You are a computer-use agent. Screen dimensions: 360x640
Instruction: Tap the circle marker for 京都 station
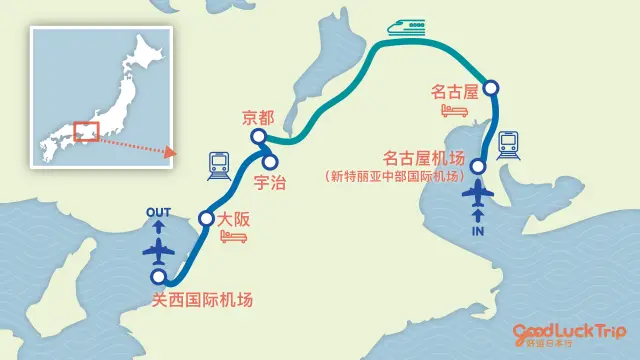point(258,138)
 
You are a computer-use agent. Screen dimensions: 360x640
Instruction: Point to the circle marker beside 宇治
point(269,160)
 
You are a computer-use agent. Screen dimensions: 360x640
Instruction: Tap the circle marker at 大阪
point(207,219)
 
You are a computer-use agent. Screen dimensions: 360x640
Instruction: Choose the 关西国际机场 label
point(203,298)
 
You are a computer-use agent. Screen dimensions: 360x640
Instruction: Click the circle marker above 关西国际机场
point(157,278)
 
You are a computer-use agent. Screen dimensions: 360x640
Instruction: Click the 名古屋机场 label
point(424,158)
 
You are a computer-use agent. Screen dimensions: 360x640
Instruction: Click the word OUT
point(159,213)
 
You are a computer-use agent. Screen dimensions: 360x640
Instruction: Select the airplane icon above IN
point(478,192)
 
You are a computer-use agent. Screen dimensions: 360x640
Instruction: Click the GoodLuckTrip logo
point(569,333)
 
